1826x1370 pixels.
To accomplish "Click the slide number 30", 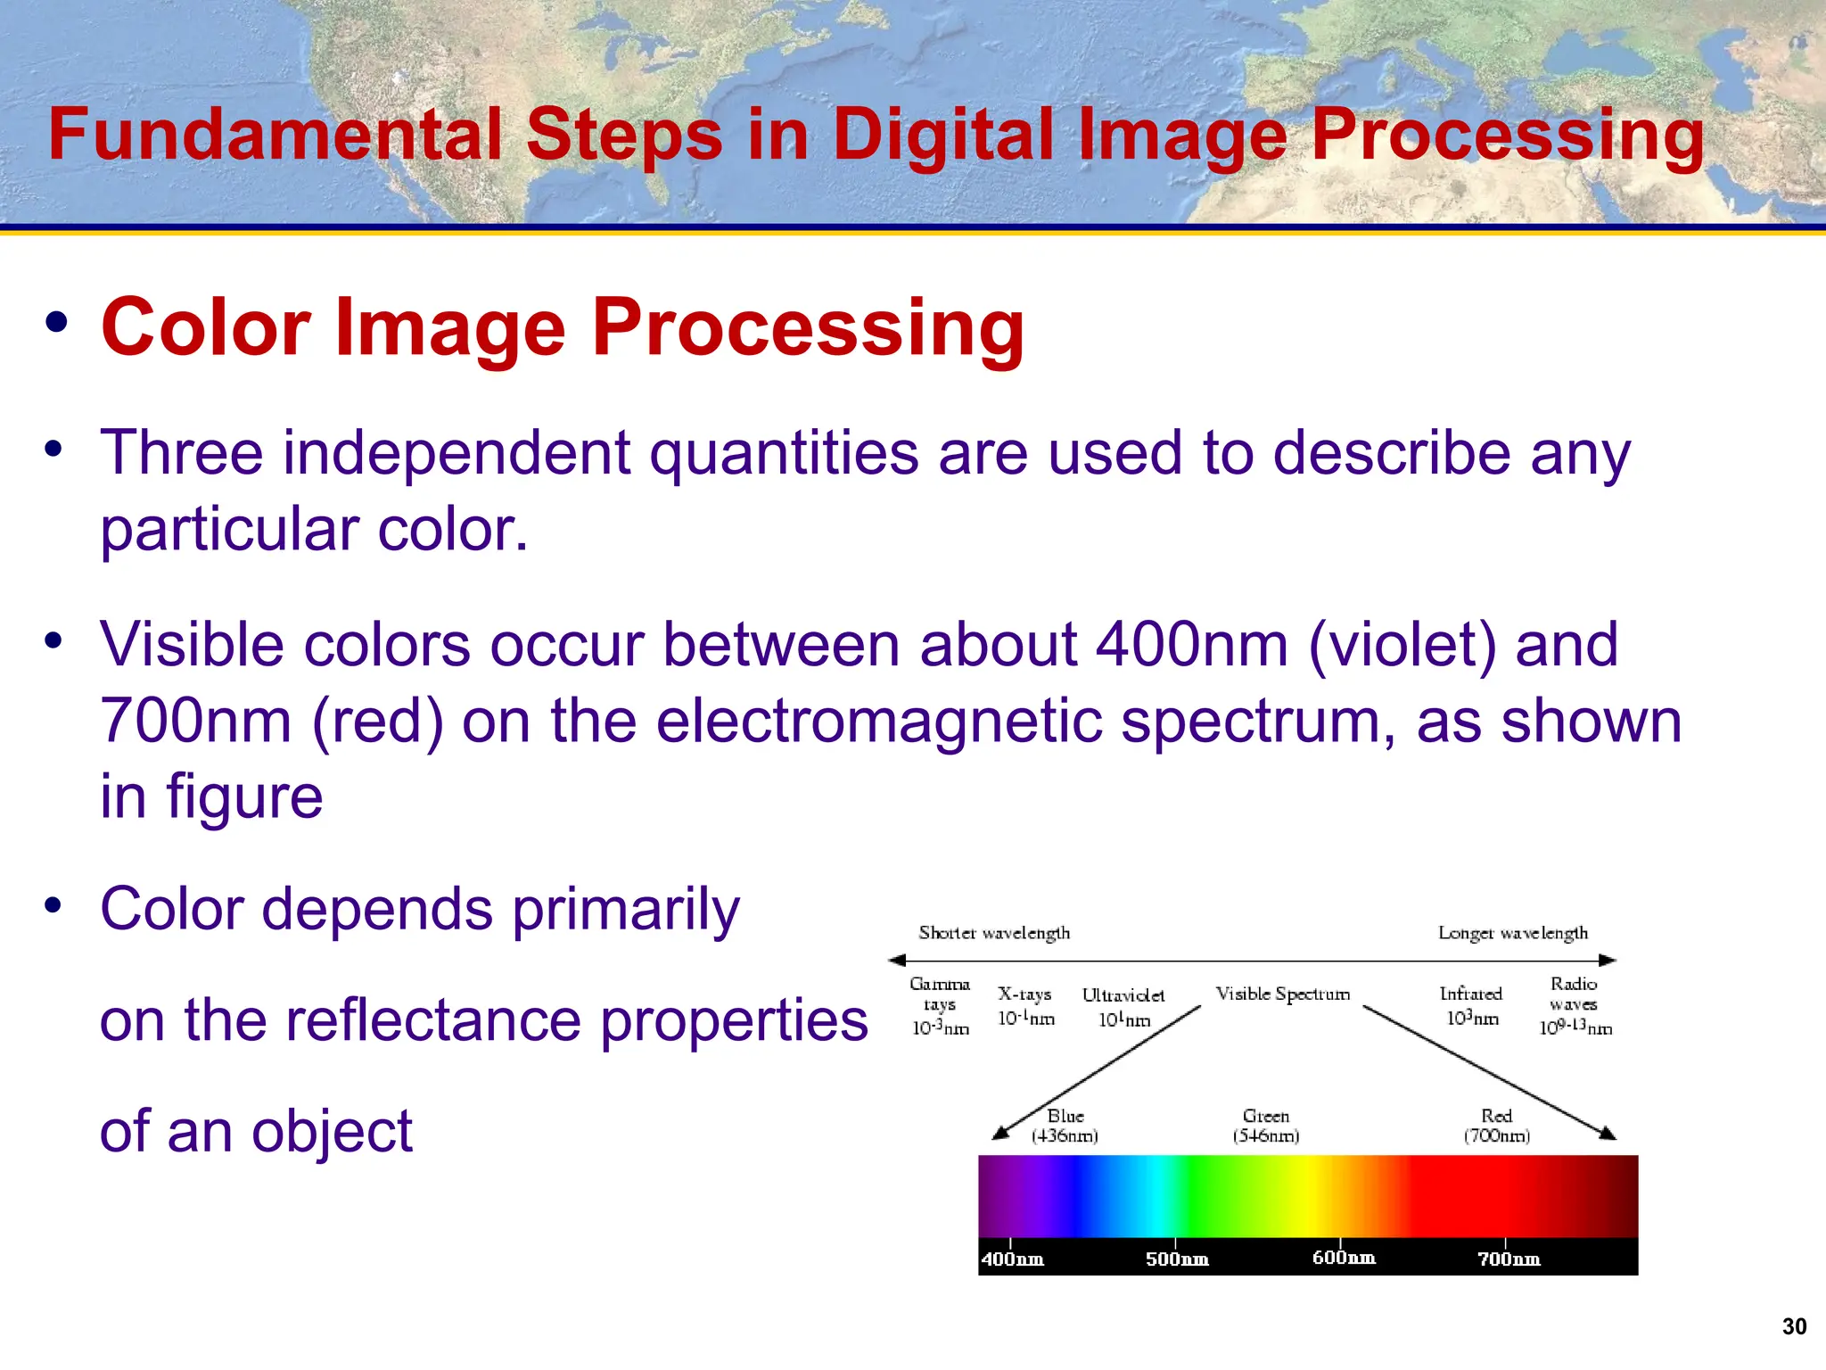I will (1794, 1326).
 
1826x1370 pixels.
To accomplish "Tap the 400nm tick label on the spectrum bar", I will (1012, 1259).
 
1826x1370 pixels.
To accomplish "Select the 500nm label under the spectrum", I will (1177, 1259).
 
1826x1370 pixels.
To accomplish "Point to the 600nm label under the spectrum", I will (1343, 1258).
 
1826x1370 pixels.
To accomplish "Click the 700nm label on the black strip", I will (1509, 1259).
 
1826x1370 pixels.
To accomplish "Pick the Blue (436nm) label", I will (1065, 1126).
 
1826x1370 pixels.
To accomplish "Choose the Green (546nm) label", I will (1266, 1126).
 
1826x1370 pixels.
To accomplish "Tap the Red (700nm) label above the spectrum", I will (1497, 1126).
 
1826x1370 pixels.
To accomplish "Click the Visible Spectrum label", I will (1282, 994).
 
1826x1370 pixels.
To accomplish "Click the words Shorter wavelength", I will (994, 933).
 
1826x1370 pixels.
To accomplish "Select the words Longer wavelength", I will (1513, 933).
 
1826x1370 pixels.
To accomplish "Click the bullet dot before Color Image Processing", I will (56, 323).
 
